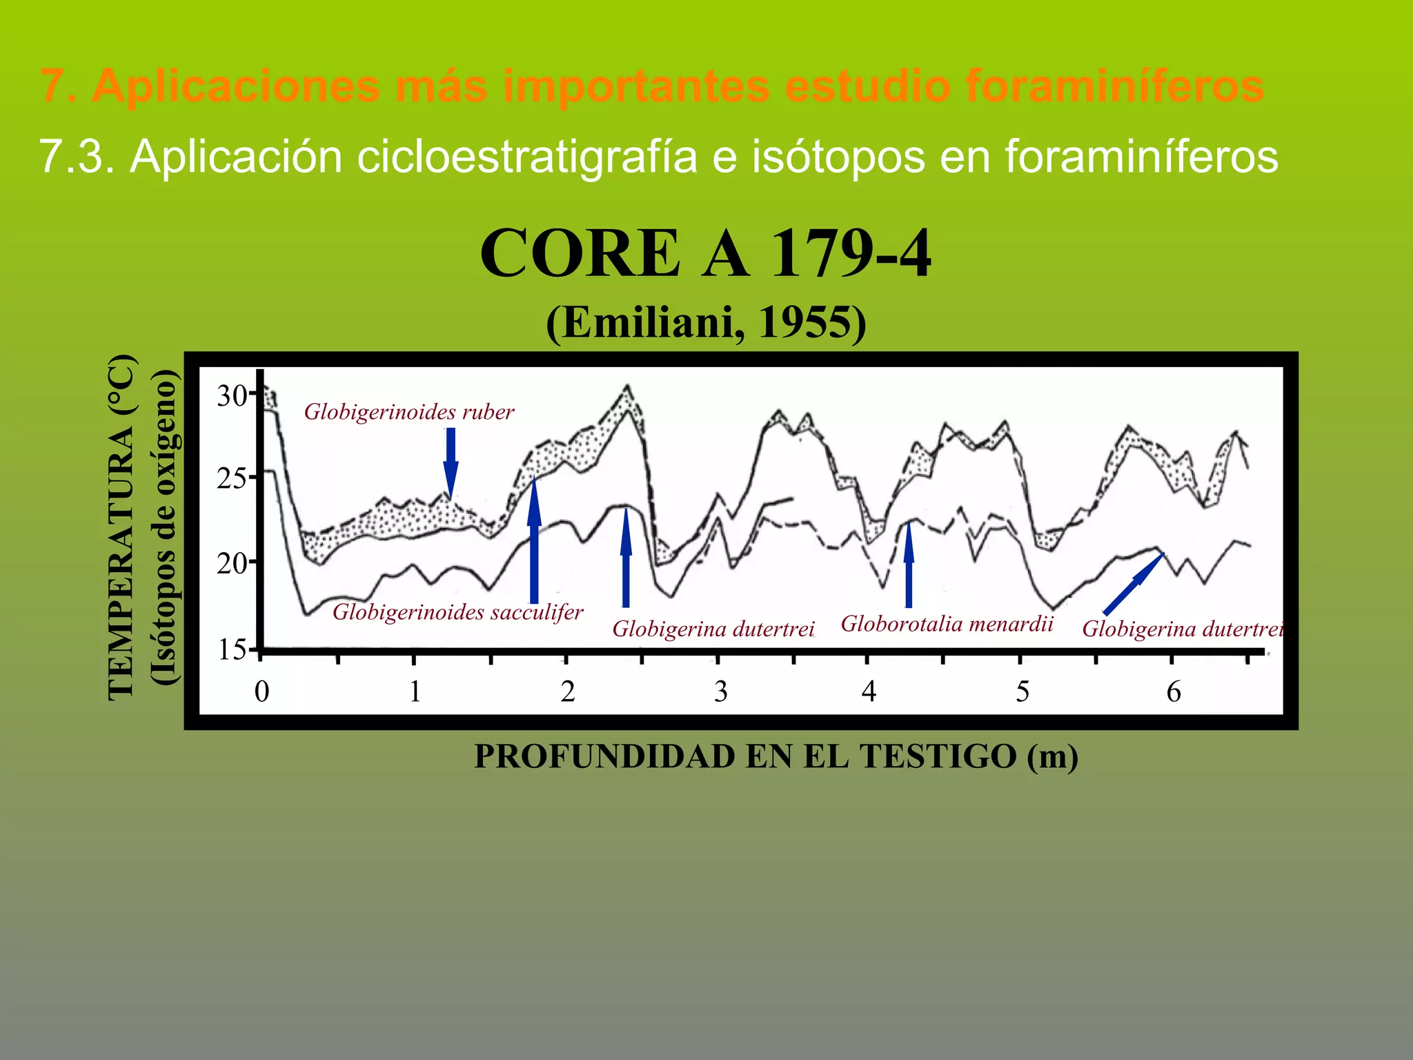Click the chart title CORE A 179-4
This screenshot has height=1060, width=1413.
pyautogui.click(x=705, y=254)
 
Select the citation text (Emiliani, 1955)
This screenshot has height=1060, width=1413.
pyautogui.click(x=705, y=322)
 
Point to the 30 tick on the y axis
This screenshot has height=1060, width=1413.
pyautogui.click(x=232, y=395)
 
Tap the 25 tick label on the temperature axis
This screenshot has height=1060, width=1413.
pyautogui.click(x=232, y=478)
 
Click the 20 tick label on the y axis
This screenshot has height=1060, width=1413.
pyautogui.click(x=232, y=564)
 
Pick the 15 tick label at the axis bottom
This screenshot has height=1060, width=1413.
pyautogui.click(x=232, y=649)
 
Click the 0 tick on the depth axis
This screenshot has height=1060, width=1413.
pyautogui.click(x=261, y=691)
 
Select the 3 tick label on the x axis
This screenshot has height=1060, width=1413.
pyautogui.click(x=720, y=691)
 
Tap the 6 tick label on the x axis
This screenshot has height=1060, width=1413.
pyautogui.click(x=1174, y=691)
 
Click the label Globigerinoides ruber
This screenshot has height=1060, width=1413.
pyautogui.click(x=409, y=412)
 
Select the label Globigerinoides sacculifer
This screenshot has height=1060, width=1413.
pyautogui.click(x=457, y=611)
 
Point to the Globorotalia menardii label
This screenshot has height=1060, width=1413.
pyautogui.click(x=947, y=624)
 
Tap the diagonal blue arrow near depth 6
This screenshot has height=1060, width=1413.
pyautogui.click(x=1133, y=584)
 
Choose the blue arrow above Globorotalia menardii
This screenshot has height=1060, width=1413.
pyautogui.click(x=909, y=566)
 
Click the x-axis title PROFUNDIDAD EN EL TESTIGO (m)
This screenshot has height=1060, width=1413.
pyautogui.click(x=775, y=756)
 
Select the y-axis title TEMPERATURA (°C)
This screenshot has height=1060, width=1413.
pyautogui.click(x=121, y=528)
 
